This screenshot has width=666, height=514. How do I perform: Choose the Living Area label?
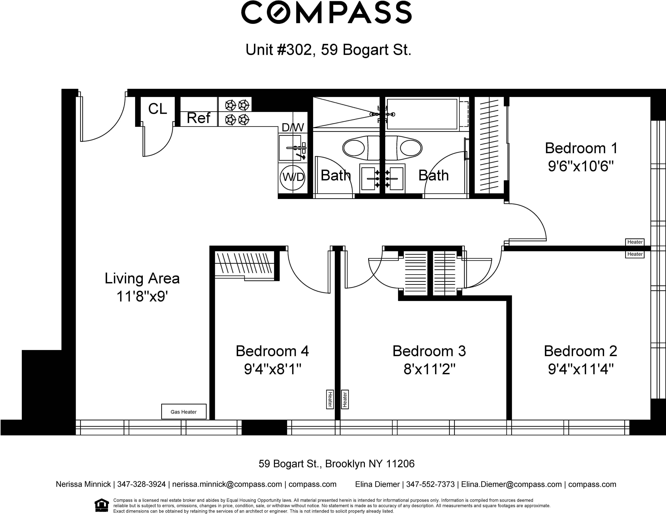point(142,278)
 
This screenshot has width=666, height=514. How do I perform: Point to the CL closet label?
point(158,109)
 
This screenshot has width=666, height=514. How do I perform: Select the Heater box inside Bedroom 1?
point(635,242)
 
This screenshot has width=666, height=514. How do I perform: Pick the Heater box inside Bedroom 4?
point(330,399)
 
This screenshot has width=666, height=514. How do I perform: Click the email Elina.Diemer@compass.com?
point(511,484)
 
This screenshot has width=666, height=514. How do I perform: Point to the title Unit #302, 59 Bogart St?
point(328,49)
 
